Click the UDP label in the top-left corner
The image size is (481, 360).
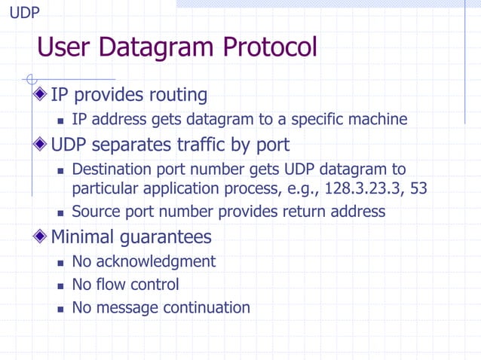click(24, 13)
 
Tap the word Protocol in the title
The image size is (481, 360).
click(268, 47)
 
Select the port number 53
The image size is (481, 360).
click(416, 188)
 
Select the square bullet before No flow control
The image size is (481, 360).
click(60, 285)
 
